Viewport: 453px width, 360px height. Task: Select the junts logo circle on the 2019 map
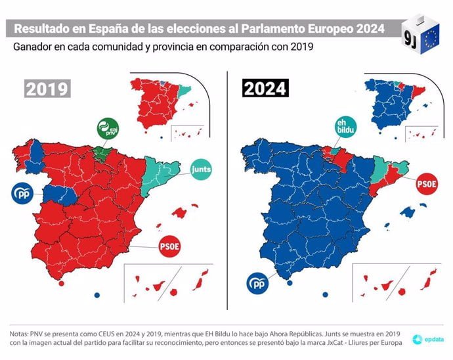coord(200,170)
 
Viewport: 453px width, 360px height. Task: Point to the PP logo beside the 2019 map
coord(22,194)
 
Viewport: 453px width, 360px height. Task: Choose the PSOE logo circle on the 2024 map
coord(426,185)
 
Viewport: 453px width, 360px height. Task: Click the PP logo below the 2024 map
coord(257,284)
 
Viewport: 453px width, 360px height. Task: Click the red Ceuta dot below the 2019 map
coord(61,284)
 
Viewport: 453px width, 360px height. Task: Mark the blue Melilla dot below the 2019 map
coord(97,294)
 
